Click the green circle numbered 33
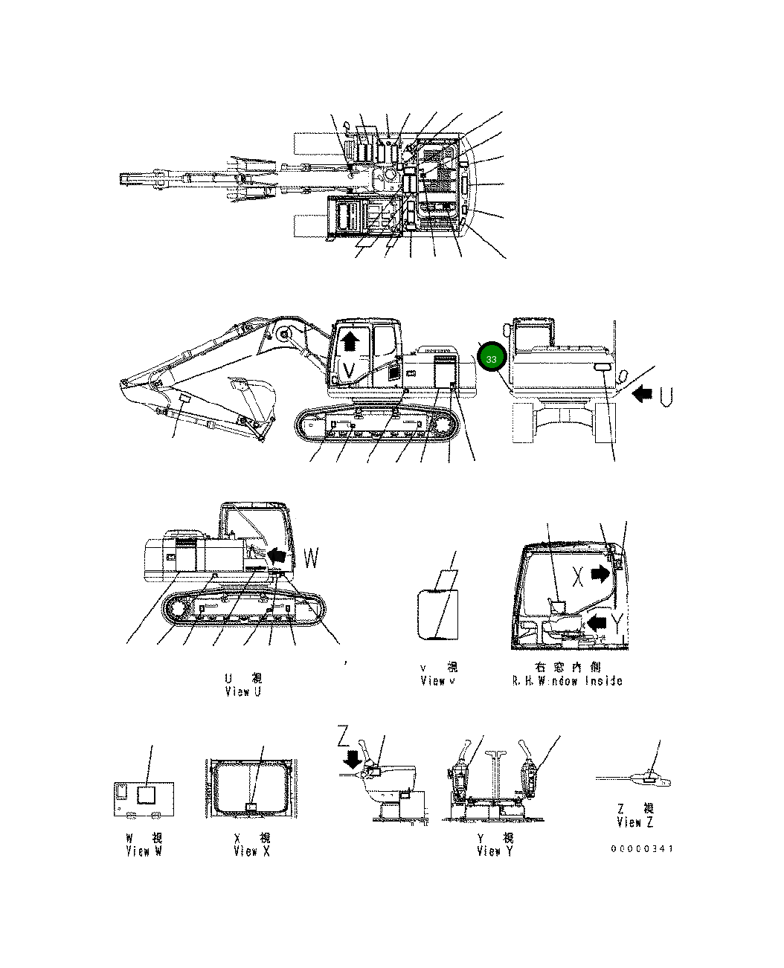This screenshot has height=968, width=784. coord(492,358)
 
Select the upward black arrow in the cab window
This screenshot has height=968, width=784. coord(350,343)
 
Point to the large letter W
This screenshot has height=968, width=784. coord(312,558)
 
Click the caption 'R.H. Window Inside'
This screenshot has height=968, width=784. coord(567,680)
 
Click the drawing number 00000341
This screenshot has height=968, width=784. coord(642,849)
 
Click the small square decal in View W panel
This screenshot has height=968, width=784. coord(147,794)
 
